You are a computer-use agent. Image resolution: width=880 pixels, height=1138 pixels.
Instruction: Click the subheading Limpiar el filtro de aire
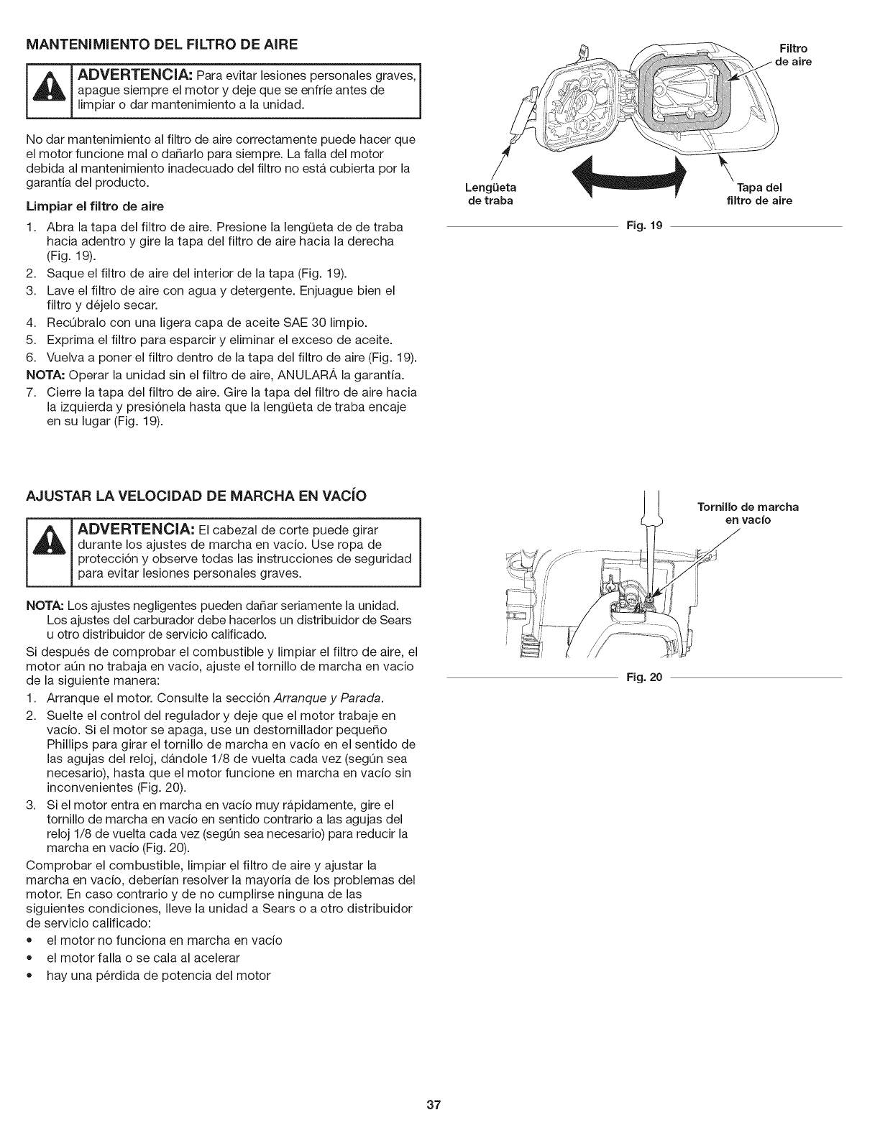(x=95, y=206)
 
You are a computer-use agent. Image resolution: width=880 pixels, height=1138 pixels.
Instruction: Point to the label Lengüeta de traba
(x=491, y=194)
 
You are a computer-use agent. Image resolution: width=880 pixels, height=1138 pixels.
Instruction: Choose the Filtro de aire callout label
(x=794, y=55)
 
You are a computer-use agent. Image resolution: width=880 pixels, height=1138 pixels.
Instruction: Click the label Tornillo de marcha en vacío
(x=748, y=513)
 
